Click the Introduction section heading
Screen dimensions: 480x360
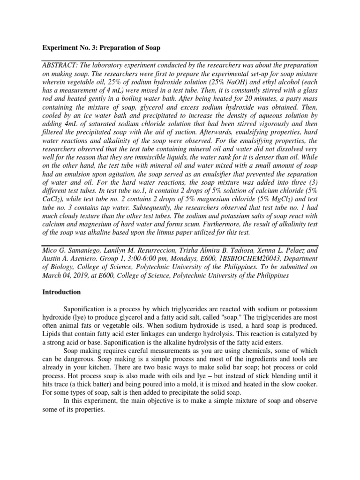coord(62,292)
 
